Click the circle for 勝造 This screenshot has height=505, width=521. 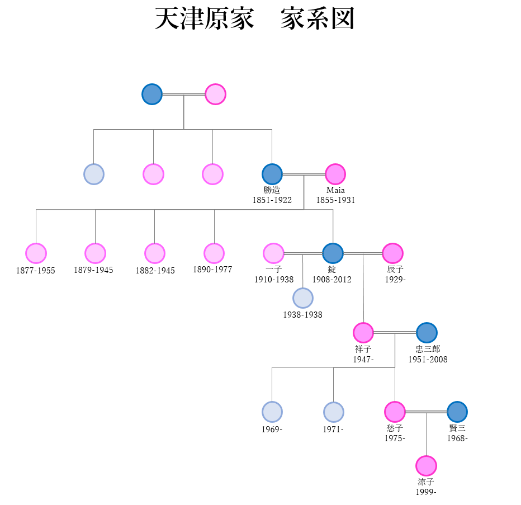point(272,174)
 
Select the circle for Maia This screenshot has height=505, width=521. point(335,174)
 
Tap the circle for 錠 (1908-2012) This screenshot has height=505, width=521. point(333,253)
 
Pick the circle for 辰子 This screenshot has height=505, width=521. point(392,253)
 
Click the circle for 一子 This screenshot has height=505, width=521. point(273,253)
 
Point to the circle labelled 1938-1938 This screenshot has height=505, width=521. point(303,298)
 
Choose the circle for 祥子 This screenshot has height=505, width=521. point(363,333)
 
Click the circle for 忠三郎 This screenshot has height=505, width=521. point(427,333)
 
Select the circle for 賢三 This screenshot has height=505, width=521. point(457,412)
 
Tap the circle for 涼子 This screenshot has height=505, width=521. point(426,466)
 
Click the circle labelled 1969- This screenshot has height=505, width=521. point(272,412)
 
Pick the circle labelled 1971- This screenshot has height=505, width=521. point(334,412)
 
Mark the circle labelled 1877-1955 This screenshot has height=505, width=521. point(36,253)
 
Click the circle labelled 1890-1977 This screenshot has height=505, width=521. point(214,253)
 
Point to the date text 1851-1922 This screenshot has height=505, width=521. point(272,200)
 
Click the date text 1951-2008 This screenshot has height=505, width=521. point(428,360)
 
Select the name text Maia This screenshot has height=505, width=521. point(335,190)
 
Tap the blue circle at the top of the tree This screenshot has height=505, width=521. point(152,95)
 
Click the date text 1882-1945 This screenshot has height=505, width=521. point(155,271)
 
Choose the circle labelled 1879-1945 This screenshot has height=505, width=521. point(95,253)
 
